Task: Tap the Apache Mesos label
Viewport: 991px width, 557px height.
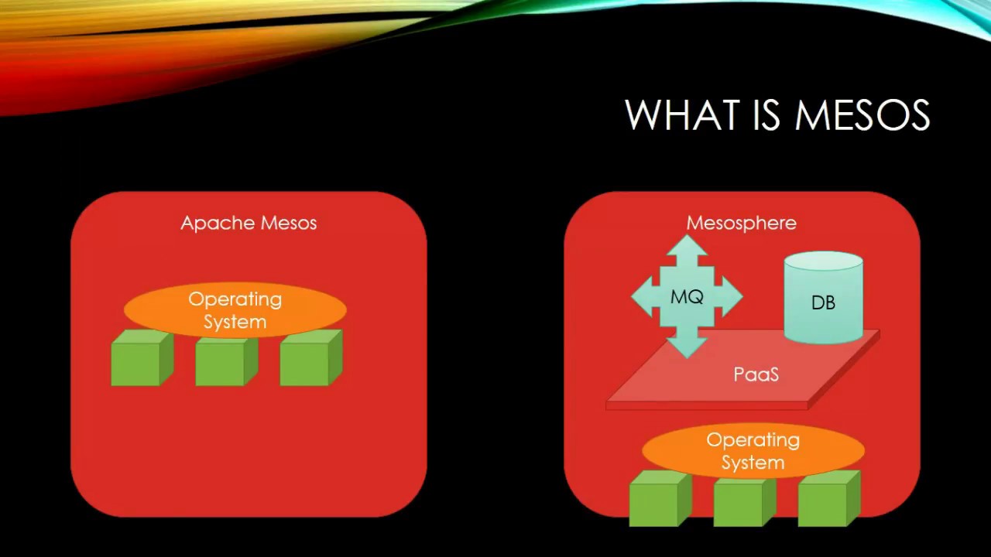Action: [249, 223]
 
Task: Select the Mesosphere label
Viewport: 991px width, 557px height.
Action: [741, 223]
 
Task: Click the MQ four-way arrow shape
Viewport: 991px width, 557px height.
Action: [687, 296]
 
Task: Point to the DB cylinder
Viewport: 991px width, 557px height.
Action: [823, 302]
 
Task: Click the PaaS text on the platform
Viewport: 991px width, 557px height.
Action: [756, 374]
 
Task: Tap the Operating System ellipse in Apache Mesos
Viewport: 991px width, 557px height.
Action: [235, 310]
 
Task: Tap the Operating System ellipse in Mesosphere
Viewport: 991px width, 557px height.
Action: [753, 451]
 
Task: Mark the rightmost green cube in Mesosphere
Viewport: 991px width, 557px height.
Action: [826, 501]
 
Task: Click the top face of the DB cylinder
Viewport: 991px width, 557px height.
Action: [823, 261]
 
